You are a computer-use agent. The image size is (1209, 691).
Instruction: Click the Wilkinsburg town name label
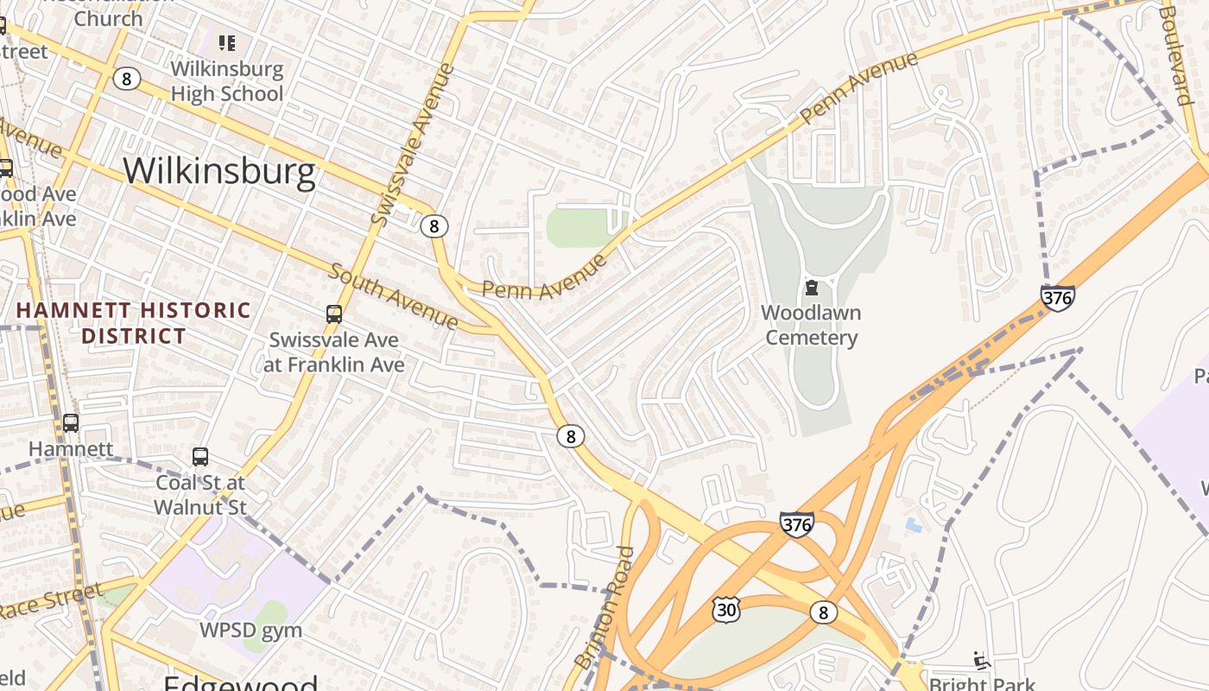tap(219, 172)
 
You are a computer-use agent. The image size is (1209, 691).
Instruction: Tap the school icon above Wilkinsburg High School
tap(227, 42)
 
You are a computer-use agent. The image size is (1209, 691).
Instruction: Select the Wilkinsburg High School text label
tap(227, 81)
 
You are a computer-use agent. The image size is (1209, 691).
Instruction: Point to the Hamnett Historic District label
tap(134, 323)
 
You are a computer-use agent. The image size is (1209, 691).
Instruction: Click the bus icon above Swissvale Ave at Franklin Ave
tap(334, 314)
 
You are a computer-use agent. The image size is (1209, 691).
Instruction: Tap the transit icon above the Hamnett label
tap(71, 423)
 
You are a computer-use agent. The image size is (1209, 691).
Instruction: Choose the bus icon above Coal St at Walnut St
tap(200, 456)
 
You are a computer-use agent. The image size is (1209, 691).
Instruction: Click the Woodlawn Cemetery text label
tap(811, 325)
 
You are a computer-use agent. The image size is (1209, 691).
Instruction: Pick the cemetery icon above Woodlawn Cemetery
tap(811, 287)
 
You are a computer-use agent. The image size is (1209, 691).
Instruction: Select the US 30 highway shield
tap(725, 610)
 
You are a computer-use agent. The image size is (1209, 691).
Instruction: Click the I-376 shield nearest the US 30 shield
tap(796, 523)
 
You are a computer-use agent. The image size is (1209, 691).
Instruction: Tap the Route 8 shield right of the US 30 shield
tap(823, 612)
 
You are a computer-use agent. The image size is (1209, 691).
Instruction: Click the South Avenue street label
tap(394, 297)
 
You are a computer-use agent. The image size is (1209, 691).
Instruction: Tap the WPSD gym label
tap(250, 631)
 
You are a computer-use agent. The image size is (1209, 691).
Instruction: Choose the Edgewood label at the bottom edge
tap(240, 682)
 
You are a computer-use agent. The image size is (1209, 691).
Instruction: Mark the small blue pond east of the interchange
tap(913, 524)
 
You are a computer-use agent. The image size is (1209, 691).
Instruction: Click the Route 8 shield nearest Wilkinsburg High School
tap(126, 79)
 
